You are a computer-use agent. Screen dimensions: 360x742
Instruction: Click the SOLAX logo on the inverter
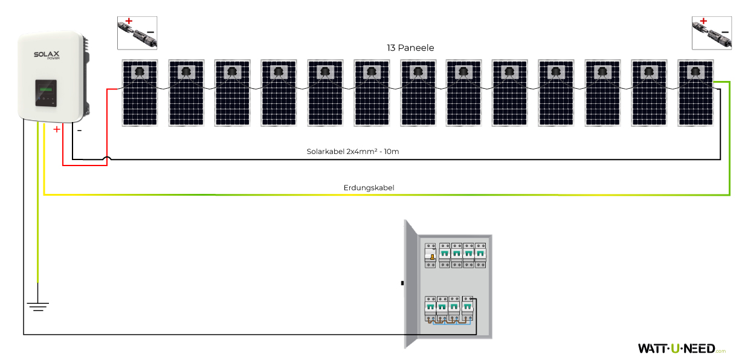[x=47, y=56]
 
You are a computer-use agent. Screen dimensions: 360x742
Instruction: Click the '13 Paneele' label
[x=410, y=47]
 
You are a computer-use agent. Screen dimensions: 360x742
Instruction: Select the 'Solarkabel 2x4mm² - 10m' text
[x=353, y=151]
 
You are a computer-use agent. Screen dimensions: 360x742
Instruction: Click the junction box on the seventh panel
[x=418, y=72]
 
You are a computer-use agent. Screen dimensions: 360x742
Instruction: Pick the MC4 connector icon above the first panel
[x=137, y=33]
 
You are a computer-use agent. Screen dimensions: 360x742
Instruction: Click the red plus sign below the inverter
[x=57, y=129]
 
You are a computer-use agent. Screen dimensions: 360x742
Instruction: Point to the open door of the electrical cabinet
[x=410, y=284]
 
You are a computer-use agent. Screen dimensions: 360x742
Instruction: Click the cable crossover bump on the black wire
[x=107, y=159]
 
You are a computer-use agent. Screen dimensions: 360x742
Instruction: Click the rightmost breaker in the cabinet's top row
[x=480, y=255]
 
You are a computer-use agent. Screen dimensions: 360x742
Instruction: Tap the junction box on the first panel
[x=139, y=72]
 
